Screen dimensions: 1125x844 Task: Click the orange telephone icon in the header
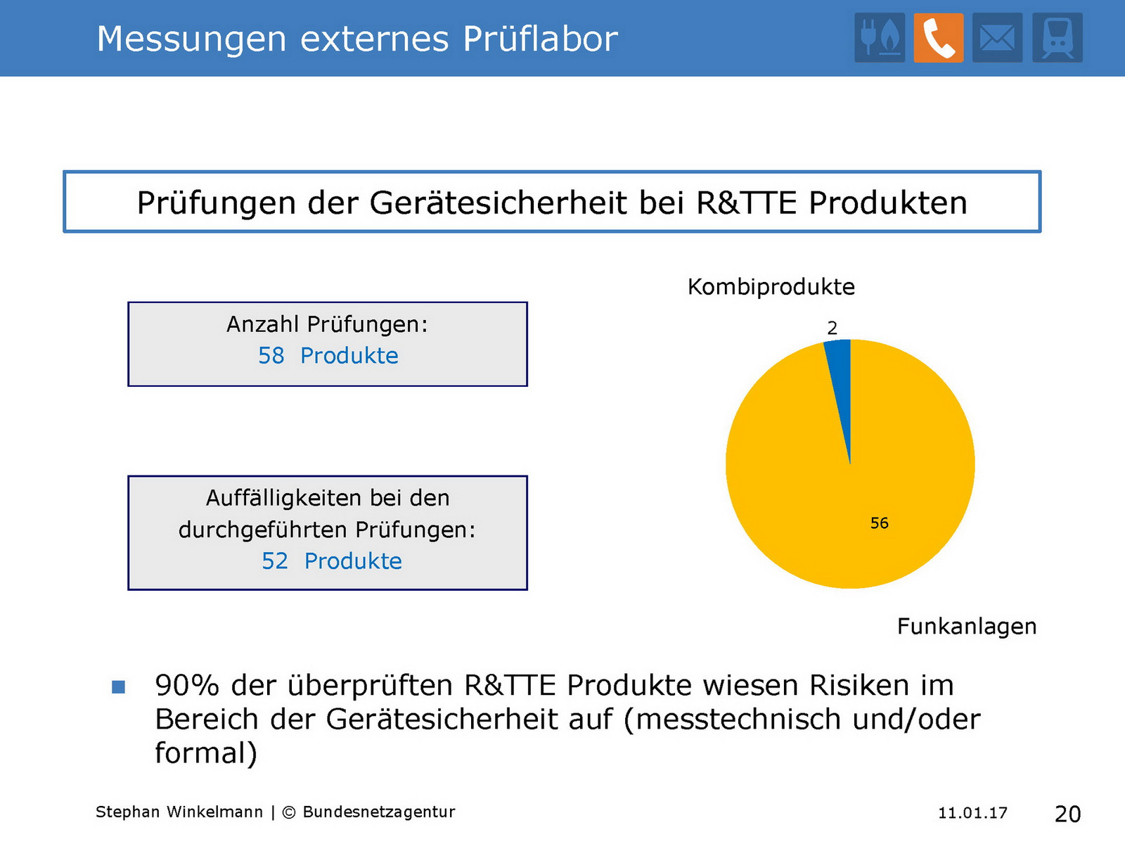(x=939, y=38)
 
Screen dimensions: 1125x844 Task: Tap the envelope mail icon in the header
(x=997, y=38)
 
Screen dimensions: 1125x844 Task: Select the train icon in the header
(x=1057, y=38)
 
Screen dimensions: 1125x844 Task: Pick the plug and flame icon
(x=880, y=38)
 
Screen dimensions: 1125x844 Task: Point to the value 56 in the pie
(x=880, y=523)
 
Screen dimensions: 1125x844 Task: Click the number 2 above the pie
(x=832, y=328)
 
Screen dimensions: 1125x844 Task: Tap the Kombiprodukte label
(x=771, y=287)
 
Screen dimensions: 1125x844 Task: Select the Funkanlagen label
(x=967, y=626)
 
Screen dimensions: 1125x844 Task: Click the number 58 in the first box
(x=271, y=356)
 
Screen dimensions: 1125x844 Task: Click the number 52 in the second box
(x=275, y=561)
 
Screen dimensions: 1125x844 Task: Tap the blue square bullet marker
(x=118, y=686)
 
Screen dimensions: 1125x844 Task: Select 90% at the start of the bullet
(x=187, y=685)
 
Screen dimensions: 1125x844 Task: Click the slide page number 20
(x=1067, y=814)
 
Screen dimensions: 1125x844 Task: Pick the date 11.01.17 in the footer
(x=972, y=813)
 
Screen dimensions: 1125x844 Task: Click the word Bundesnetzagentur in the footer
(x=379, y=812)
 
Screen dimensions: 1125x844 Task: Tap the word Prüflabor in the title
(x=541, y=39)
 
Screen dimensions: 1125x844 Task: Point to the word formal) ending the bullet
(x=206, y=753)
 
